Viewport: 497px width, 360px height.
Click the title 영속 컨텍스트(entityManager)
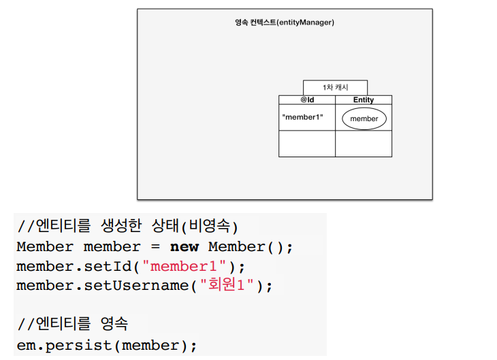(x=284, y=22)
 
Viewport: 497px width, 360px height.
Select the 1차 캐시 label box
(x=335, y=88)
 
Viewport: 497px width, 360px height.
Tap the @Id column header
(x=307, y=100)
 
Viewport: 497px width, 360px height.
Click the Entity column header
(x=364, y=100)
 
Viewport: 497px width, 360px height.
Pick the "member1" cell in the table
(x=303, y=117)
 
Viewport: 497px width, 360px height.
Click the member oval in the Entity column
(x=364, y=118)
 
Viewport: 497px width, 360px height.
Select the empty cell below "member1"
(x=307, y=144)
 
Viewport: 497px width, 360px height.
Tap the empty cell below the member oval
(x=364, y=144)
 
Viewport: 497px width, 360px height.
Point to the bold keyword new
(x=184, y=246)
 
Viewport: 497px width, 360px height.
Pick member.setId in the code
(x=67, y=266)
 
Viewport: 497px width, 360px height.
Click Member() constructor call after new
(x=250, y=246)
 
